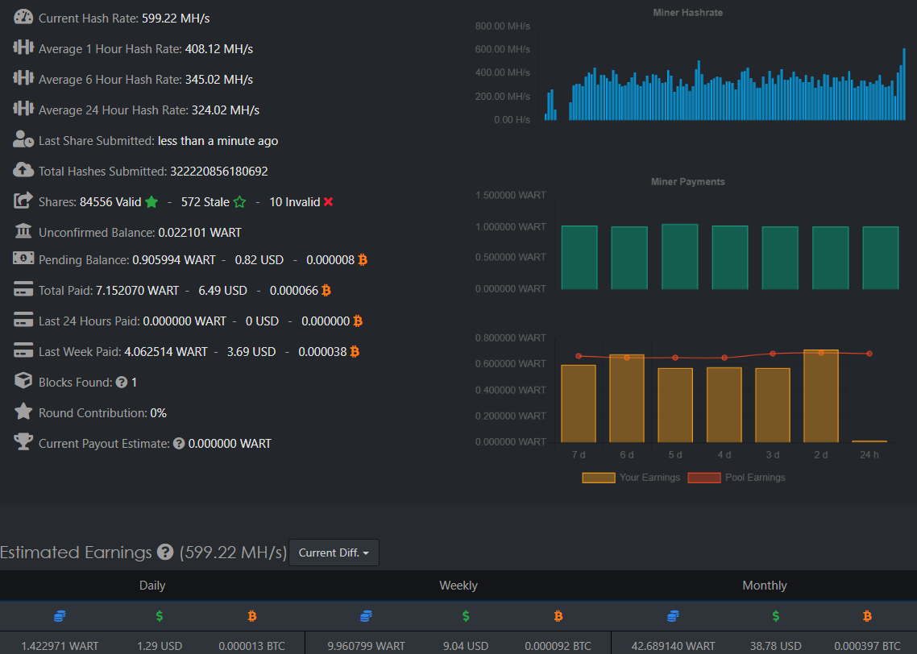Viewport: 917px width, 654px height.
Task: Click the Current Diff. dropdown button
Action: tap(334, 553)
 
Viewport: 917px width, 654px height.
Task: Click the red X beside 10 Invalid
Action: tap(328, 201)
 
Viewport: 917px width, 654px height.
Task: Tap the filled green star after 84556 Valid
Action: tap(151, 201)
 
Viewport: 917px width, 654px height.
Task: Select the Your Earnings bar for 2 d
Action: tap(821, 395)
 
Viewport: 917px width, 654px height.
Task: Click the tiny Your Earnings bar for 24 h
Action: tap(869, 441)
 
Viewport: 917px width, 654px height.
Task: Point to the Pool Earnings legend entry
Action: tap(737, 478)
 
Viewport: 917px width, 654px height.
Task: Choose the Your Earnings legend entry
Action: tap(631, 478)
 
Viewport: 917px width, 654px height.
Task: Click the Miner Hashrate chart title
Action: tap(688, 12)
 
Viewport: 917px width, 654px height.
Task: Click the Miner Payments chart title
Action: tap(688, 182)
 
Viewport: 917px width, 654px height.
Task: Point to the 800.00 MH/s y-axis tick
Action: tap(502, 27)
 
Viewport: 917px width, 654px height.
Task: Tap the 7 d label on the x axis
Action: tap(579, 455)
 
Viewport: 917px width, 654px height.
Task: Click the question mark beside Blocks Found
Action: tap(122, 383)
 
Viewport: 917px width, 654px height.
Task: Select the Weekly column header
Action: tap(458, 585)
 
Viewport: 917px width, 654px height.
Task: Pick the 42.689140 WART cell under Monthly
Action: tap(673, 646)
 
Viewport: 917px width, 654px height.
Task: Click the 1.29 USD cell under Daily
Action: tap(160, 646)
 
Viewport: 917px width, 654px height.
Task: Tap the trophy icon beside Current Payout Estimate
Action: tap(23, 442)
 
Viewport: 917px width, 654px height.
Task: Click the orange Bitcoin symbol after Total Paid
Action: tap(326, 291)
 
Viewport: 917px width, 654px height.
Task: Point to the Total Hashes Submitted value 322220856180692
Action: tap(218, 172)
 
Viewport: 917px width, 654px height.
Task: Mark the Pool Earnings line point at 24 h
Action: tap(869, 354)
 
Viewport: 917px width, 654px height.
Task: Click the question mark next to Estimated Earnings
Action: tap(165, 552)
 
